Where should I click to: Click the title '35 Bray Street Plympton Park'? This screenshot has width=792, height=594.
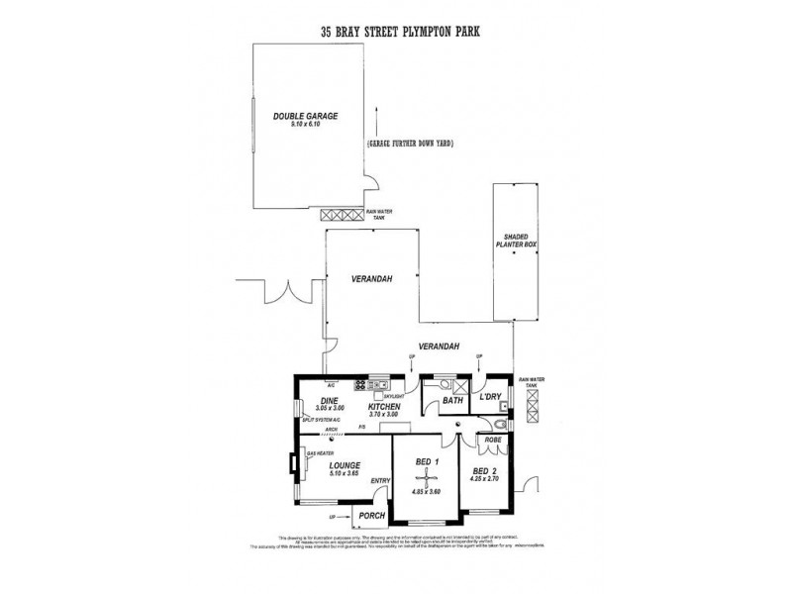point(396,31)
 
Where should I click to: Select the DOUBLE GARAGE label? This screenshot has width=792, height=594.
point(306,116)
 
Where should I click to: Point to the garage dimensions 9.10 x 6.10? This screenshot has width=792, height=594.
point(306,125)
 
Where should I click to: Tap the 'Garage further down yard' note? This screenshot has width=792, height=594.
point(409,144)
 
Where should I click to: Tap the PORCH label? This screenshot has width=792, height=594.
point(369,515)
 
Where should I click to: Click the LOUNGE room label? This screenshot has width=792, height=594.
point(346,464)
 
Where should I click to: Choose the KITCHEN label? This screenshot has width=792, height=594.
point(384,406)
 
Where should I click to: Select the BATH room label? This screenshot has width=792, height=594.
point(452,401)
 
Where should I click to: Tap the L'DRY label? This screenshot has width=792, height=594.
point(492,398)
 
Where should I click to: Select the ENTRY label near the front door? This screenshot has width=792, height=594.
point(379,481)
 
